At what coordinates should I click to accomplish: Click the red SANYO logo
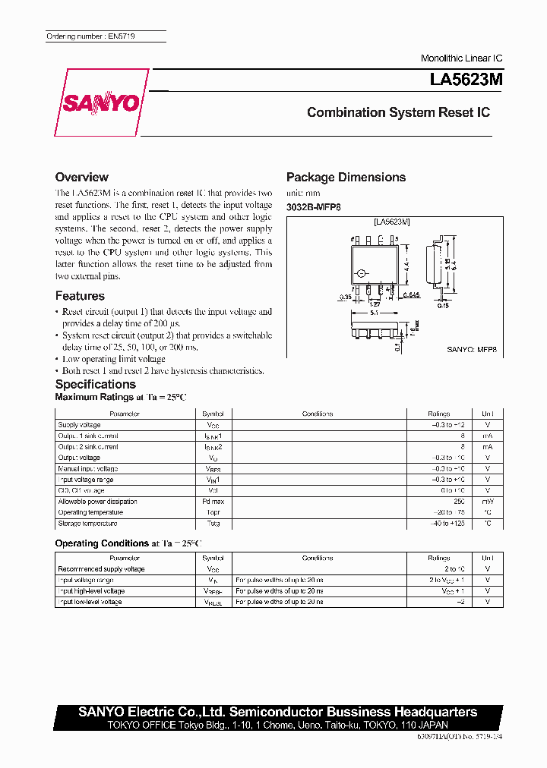[101, 103]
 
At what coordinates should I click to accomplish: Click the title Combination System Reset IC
[398, 112]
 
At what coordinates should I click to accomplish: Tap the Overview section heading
[82, 177]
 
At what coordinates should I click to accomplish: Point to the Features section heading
[80, 296]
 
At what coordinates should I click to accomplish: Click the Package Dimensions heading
[346, 177]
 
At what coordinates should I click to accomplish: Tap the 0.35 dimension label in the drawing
[346, 297]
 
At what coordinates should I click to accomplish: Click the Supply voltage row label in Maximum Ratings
[79, 425]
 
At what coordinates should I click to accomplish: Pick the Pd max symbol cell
[213, 502]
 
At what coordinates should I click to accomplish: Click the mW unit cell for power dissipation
[487, 502]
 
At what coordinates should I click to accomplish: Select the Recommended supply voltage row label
[101, 568]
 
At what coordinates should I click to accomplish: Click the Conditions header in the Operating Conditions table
[317, 558]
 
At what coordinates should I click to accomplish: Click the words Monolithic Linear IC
[461, 58]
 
